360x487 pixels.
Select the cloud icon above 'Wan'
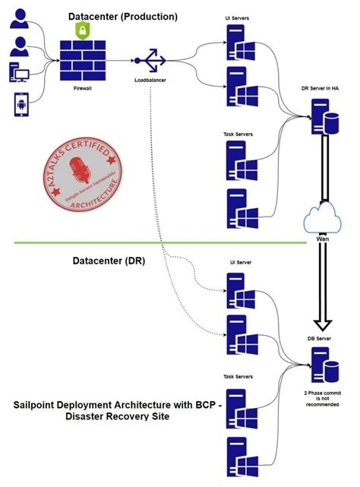pos(323,218)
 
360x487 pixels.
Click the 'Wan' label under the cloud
pos(322,239)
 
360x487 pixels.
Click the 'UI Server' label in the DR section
pos(240,263)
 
